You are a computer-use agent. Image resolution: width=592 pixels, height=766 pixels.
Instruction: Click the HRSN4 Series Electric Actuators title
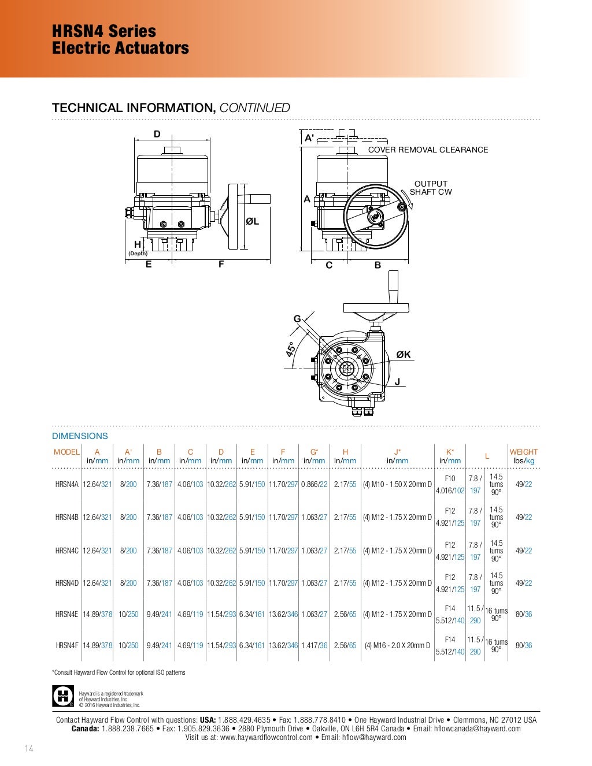[120, 39]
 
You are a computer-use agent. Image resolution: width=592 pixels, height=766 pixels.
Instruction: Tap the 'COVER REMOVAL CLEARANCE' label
[428, 150]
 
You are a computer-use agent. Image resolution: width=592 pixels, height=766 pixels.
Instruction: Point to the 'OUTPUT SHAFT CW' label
[431, 188]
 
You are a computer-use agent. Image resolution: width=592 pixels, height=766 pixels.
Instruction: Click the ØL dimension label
[252, 221]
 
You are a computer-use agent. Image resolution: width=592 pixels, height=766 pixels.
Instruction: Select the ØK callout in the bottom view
[404, 355]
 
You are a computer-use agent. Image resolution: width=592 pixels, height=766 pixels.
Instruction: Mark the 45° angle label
[291, 349]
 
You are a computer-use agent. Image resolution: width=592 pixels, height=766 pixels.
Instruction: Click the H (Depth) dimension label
[138, 247]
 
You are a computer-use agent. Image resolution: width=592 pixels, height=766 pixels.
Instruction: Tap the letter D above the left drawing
[157, 134]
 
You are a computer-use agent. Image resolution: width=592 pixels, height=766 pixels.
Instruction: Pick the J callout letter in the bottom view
[397, 381]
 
